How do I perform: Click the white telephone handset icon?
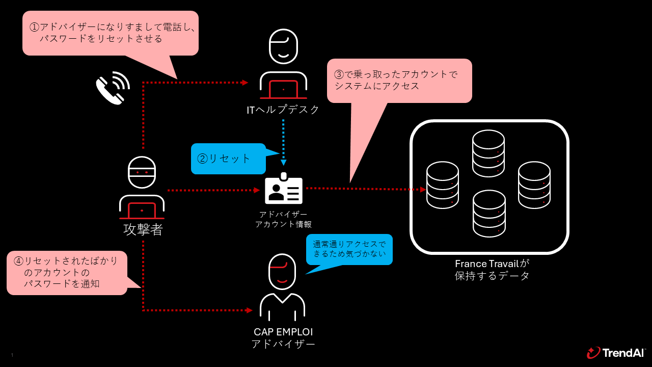(x=110, y=90)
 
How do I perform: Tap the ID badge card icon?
(x=284, y=189)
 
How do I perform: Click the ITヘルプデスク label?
(x=283, y=110)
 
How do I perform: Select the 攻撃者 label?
(x=143, y=229)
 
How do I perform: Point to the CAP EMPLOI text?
(x=283, y=332)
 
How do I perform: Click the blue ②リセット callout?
(x=228, y=159)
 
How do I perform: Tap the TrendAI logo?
(x=616, y=353)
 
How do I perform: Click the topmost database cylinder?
(x=488, y=153)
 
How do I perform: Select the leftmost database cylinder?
(x=443, y=185)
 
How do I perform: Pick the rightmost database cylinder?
(x=534, y=185)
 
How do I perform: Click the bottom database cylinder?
(x=489, y=214)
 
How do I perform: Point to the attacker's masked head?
(x=142, y=172)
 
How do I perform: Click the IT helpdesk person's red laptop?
(x=283, y=89)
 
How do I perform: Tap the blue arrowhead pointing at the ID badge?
(x=283, y=163)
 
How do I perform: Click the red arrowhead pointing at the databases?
(x=423, y=190)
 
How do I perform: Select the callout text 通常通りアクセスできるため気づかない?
(x=349, y=249)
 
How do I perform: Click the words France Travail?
(x=486, y=264)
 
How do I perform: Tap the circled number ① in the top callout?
(x=34, y=27)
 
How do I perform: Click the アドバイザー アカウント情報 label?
(x=283, y=219)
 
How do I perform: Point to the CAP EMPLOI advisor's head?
(x=282, y=272)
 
